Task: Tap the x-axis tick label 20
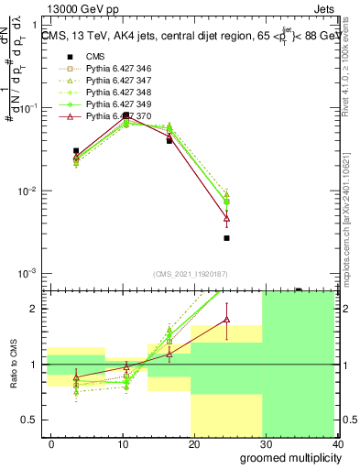pos(193,444)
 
